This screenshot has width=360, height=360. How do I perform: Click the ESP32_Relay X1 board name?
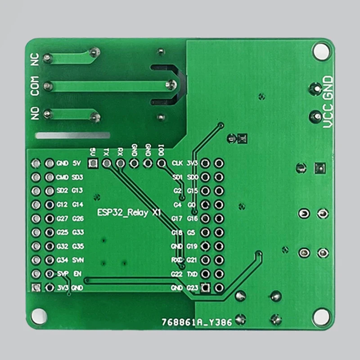[129, 213]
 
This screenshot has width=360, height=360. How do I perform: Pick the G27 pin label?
[63, 219]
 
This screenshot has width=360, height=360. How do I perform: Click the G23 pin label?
[192, 288]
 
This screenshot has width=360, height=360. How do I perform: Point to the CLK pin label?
[177, 163]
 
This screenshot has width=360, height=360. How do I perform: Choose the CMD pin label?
[63, 177]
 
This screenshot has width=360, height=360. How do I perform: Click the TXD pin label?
[192, 274]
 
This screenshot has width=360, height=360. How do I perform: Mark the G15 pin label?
[192, 191]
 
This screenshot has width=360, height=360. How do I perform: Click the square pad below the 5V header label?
[93, 163]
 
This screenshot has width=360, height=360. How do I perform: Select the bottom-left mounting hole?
[38, 315]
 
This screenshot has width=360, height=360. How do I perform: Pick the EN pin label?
[77, 274]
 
